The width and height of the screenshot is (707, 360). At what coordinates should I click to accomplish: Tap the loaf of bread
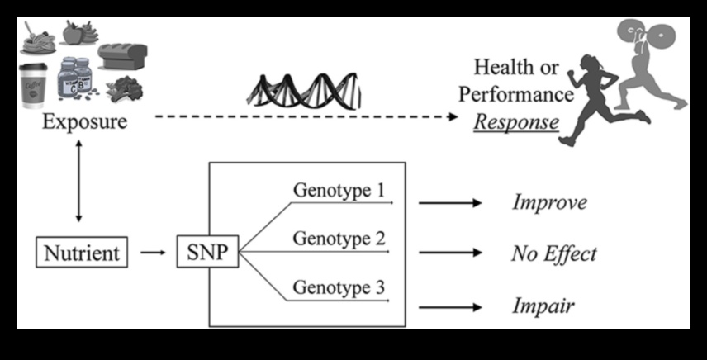123,56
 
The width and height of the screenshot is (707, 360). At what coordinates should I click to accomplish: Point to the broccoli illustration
121,87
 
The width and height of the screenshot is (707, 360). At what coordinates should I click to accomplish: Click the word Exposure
85,122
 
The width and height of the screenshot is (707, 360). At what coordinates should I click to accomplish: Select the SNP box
207,252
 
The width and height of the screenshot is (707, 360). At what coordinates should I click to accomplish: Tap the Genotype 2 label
339,240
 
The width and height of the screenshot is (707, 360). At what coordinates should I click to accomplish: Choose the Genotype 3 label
339,290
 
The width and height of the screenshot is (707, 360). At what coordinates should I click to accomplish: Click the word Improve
549,202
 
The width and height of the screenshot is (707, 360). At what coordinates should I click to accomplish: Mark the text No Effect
553,253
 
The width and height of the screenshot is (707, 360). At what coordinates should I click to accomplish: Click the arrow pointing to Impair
450,306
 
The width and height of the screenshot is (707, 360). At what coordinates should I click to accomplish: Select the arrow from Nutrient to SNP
153,253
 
